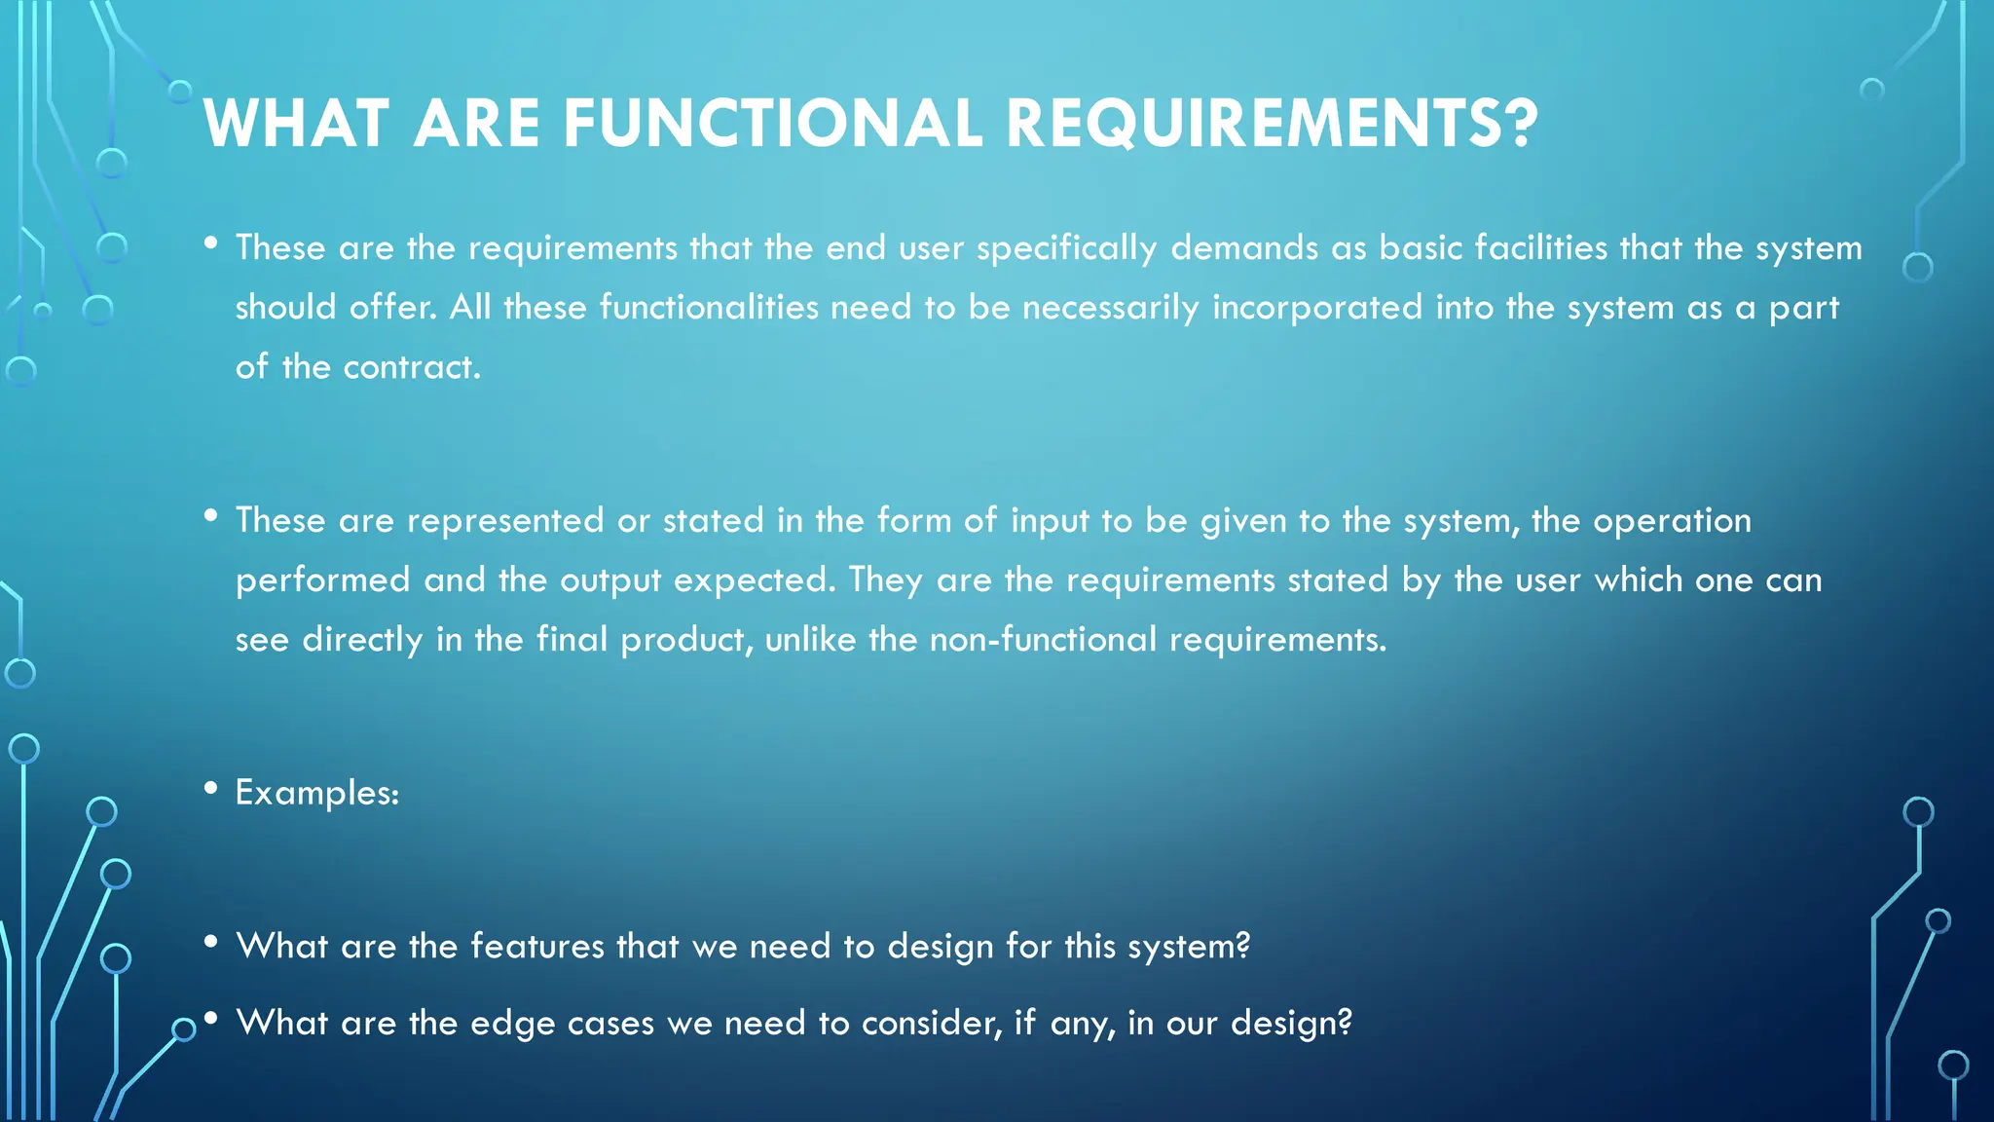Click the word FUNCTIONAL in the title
coord(772,124)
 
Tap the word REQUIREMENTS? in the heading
coord(1271,124)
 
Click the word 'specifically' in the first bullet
coord(1067,249)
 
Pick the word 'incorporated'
coord(1317,309)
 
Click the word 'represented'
coord(505,521)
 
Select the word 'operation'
coord(1672,521)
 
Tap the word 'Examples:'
coord(317,793)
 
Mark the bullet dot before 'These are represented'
coord(211,515)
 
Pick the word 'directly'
coord(362,640)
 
